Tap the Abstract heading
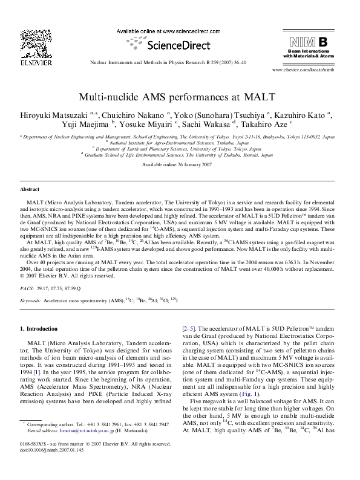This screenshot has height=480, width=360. pyautogui.click(x=30, y=189)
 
